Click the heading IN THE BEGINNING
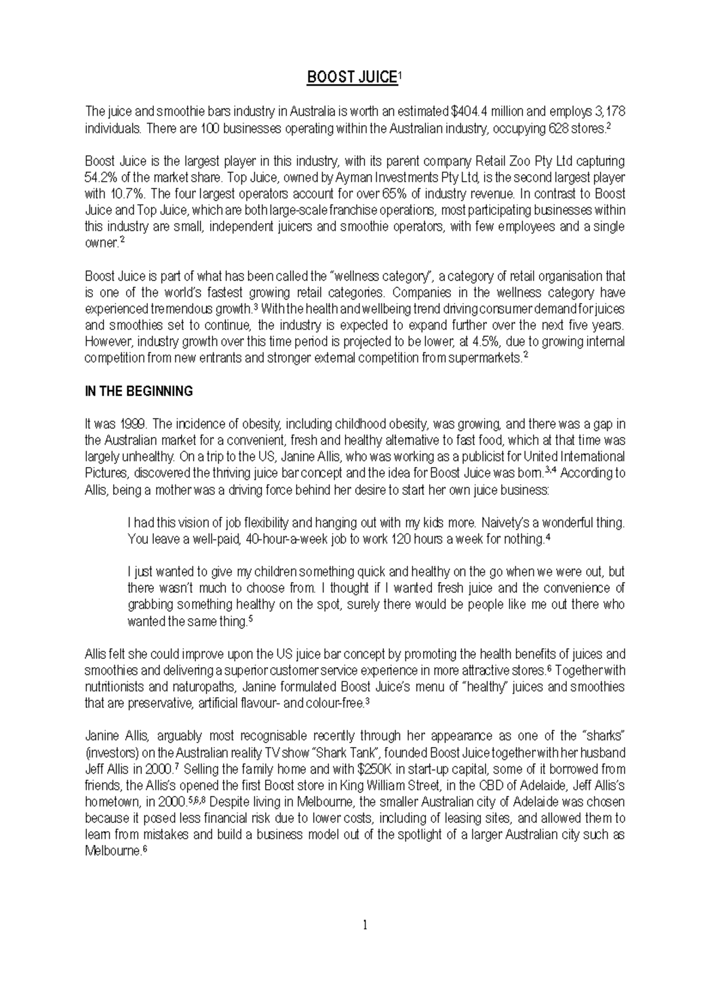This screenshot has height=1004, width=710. coord(139,391)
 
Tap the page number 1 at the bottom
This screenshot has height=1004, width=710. coord(365,925)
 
